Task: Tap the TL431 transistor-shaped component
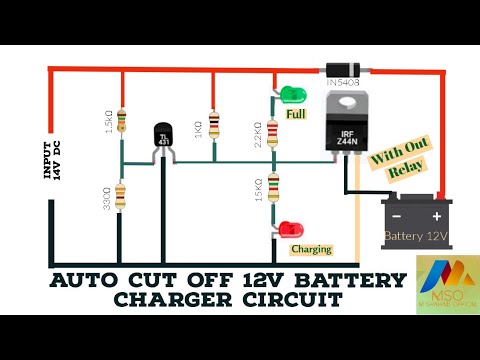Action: tap(164, 141)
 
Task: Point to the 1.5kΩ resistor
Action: tap(122, 121)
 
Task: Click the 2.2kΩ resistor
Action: tap(273, 131)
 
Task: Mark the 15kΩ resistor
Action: tap(273, 191)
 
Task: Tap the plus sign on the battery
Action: tap(437, 216)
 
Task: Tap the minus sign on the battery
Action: tap(398, 216)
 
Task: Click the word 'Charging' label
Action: tap(310, 249)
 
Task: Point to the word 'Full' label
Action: tap(296, 115)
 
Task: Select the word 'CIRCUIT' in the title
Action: tap(285, 299)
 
